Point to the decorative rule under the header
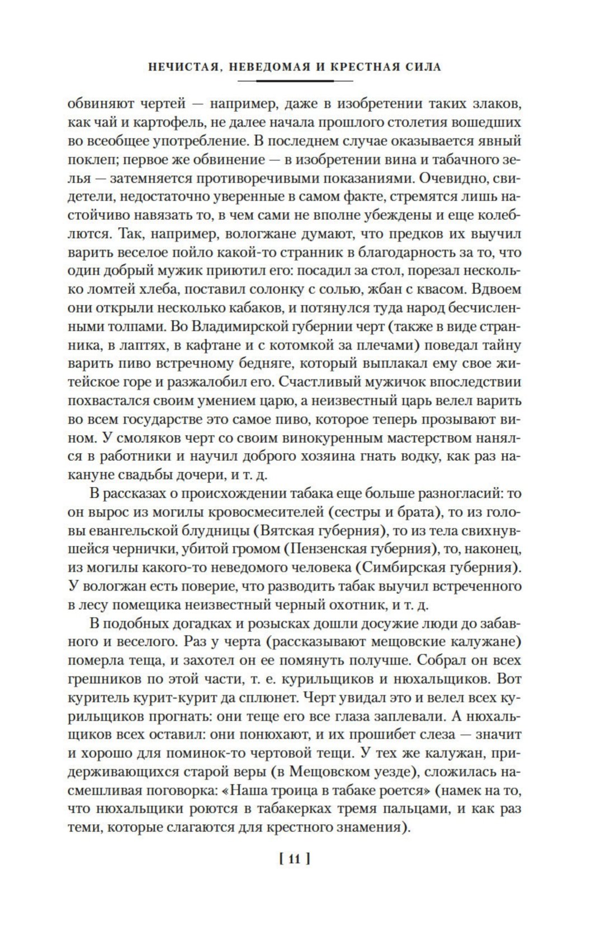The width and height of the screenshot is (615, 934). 295,81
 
